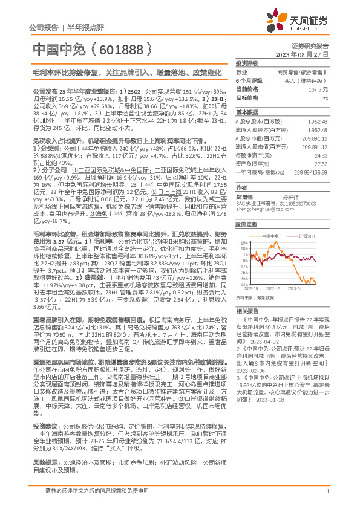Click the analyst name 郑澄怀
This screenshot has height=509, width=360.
coord(245,197)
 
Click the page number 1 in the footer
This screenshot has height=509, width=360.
coord(327,497)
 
